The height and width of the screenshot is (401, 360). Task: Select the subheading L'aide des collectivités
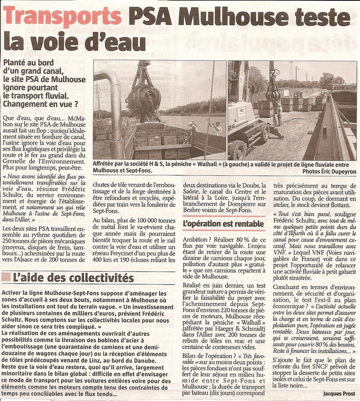point(72,277)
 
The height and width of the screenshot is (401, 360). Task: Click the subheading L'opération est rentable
point(223,223)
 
